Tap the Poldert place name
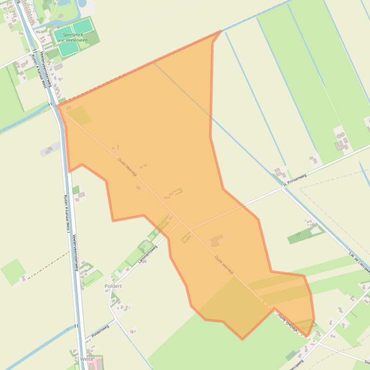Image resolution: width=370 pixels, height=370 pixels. (x=113, y=286)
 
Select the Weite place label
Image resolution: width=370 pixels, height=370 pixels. (x=87, y=359)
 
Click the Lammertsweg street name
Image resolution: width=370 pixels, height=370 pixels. (x=147, y=254)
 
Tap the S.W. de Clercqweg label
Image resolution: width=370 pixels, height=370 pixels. (x=358, y=259)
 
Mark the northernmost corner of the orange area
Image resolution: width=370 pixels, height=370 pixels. (x=220, y=31)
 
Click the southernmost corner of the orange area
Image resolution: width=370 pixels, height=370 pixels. (x=242, y=339)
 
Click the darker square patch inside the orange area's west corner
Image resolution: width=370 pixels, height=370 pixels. (x=80, y=115)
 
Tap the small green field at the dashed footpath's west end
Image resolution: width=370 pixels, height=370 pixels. (x=13, y=271)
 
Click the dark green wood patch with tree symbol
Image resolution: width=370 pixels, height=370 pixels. (x=300, y=236)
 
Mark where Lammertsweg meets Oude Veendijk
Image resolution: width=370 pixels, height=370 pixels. (x=180, y=222)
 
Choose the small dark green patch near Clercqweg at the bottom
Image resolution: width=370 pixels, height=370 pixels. (x=292, y=356)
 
